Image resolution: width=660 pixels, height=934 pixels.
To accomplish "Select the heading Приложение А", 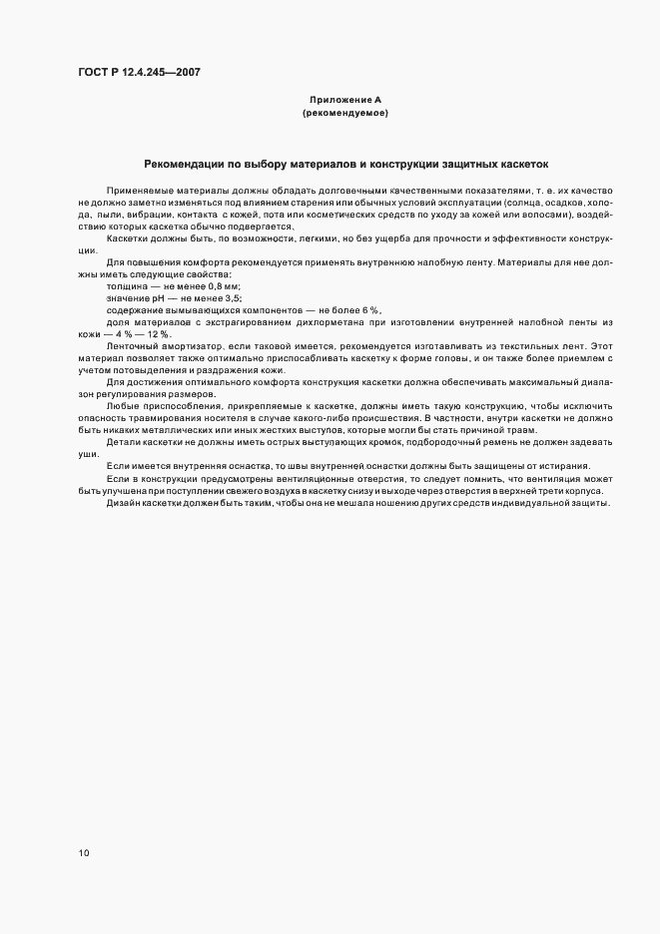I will tap(344, 101).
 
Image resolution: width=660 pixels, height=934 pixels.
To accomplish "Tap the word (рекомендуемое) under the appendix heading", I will tap(344, 114).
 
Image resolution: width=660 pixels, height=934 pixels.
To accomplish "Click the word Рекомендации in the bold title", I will tap(186, 164).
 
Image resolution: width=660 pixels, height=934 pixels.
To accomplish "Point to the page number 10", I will tap(84, 853).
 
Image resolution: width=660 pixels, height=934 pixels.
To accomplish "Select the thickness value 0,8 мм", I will tap(223, 286).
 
